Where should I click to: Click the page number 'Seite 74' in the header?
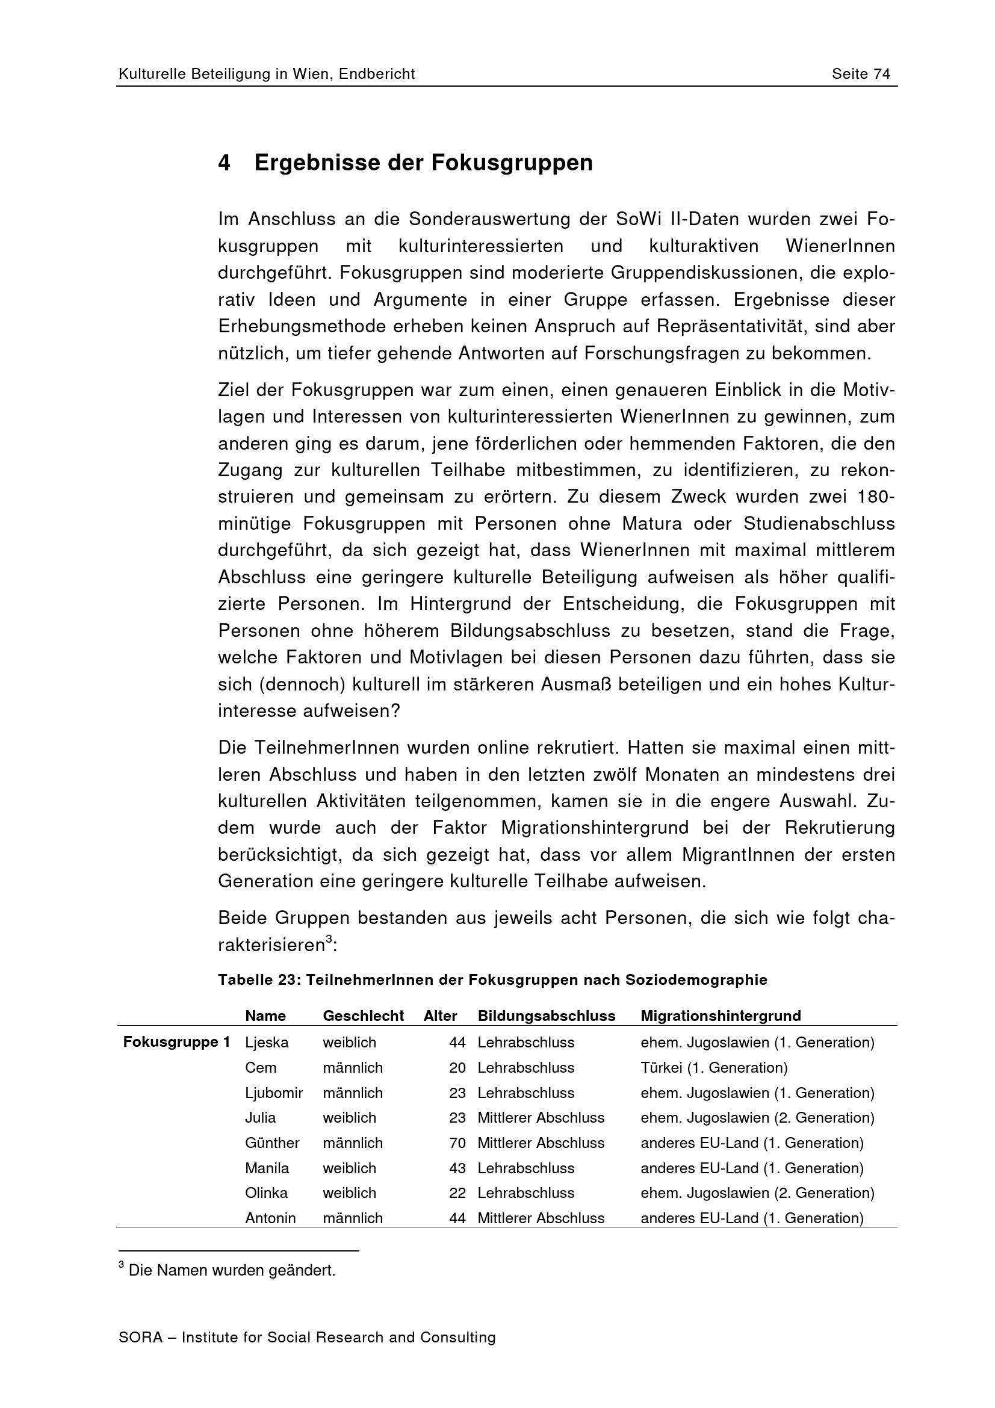[860, 74]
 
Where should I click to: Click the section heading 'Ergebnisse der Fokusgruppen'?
[423, 163]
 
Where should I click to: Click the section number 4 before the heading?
[225, 163]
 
